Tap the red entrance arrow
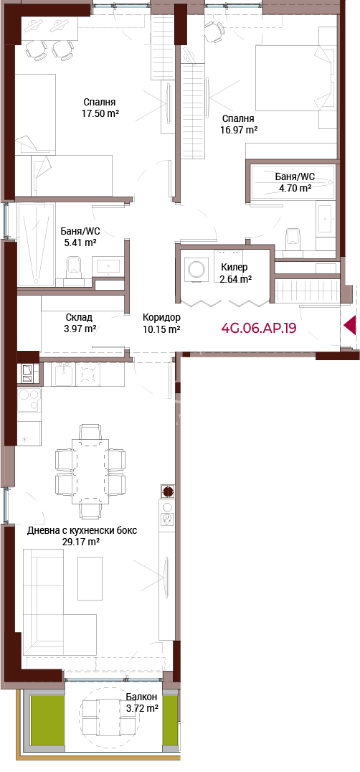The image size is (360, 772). point(350,325)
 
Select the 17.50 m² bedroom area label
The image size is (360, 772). point(101,113)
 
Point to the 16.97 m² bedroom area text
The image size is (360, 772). point(239,130)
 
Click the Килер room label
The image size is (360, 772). point(234,268)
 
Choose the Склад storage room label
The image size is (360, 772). point(79,318)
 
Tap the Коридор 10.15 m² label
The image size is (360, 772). point(161,323)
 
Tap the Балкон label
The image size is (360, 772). point(141,697)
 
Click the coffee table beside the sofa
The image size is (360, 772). point(90,578)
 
